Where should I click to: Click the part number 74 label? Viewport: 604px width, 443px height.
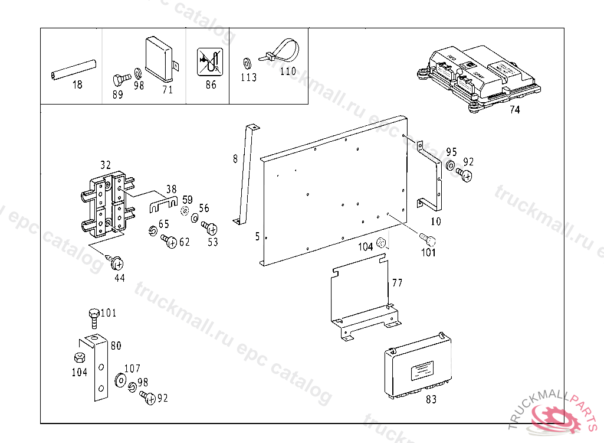coord(515,109)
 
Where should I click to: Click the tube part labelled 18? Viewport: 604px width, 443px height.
coord(73,69)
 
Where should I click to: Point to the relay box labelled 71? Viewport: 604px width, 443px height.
coord(160,56)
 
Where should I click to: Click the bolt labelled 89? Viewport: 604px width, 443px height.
coord(121,79)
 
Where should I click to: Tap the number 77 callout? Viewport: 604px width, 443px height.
coord(397,284)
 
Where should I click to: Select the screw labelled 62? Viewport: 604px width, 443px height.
coord(169,241)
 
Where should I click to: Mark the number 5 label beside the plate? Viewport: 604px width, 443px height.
coord(257,237)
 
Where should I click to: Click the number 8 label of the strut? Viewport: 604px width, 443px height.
coord(235,158)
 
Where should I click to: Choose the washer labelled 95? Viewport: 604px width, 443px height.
coord(451,166)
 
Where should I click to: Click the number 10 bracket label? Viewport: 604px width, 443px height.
coord(436,222)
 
